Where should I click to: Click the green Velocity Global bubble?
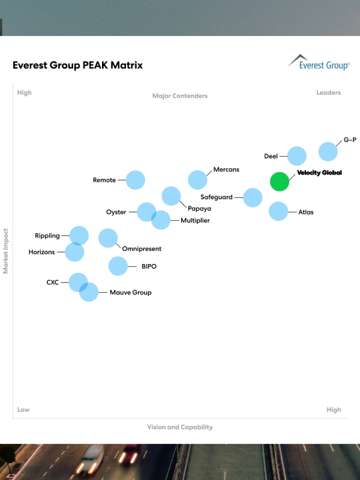[x=279, y=181]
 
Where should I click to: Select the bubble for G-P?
[x=328, y=151]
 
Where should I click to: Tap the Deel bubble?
[x=296, y=156]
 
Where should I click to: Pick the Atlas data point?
[x=278, y=211]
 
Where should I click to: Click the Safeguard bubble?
[x=253, y=197]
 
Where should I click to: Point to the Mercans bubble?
[x=197, y=179]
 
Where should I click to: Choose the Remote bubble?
[x=136, y=180]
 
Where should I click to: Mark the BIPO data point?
[x=118, y=266]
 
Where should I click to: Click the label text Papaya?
[x=199, y=209]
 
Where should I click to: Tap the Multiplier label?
[x=195, y=221]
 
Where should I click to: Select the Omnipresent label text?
[x=142, y=249]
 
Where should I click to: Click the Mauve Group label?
[x=130, y=293]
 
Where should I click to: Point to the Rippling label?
[x=47, y=236]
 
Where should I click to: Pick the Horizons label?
[x=41, y=252]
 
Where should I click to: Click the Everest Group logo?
[x=318, y=62]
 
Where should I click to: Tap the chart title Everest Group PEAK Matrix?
[x=77, y=65]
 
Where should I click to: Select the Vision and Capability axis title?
[x=180, y=427]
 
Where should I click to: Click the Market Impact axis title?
[x=6, y=251]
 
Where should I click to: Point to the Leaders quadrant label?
[x=328, y=93]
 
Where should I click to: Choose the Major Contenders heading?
[x=180, y=96]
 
